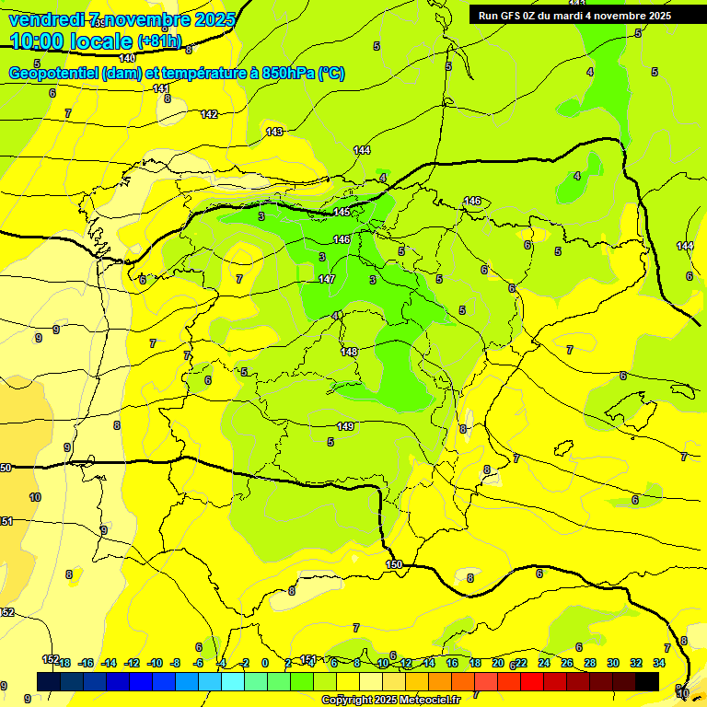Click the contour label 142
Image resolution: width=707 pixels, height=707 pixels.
click(209, 114)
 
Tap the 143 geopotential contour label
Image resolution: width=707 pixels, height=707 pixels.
click(274, 132)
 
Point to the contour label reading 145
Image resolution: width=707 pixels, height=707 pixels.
click(342, 213)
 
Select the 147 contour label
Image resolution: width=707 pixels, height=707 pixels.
click(327, 278)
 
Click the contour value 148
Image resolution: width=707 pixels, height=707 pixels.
click(349, 352)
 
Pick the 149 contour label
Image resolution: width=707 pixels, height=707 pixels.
click(345, 426)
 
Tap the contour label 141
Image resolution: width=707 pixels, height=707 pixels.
click(161, 88)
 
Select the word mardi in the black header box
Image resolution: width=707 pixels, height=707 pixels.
click(570, 16)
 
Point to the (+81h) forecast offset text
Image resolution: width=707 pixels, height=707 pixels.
click(160, 41)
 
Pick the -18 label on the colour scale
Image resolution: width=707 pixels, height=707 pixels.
click(63, 663)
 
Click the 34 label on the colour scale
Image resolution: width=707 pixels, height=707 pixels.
click(659, 663)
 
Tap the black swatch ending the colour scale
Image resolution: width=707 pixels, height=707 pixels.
click(647, 681)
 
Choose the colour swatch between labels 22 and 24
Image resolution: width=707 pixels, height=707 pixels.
click(532, 681)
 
